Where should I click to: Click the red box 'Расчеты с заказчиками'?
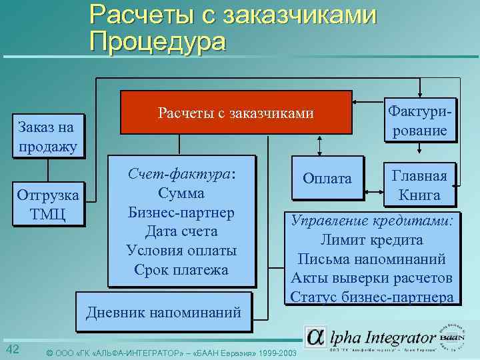coord(236,112)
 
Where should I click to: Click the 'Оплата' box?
coord(327,179)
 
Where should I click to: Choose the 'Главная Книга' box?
coord(419,185)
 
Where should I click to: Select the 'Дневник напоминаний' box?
coord(164,311)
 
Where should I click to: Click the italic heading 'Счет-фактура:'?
coord(181,174)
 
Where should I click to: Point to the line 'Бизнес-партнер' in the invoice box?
coord(181,213)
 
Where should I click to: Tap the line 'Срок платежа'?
coord(181,270)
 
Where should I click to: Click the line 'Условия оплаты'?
coord(181,251)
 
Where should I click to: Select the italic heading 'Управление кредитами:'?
coord(373,221)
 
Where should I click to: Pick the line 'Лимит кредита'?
coord(373,240)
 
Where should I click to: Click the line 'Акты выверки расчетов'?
coord(373,278)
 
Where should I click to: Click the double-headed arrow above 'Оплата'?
coord(321,145)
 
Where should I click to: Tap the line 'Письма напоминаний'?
coord(373,259)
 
